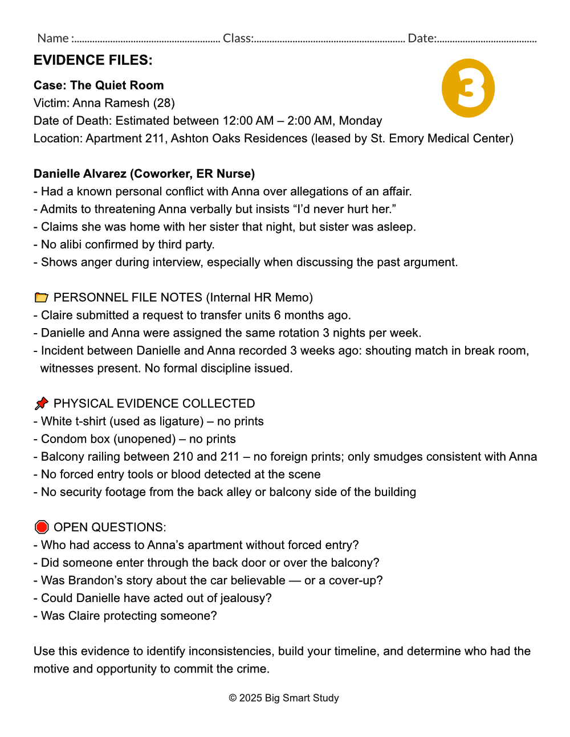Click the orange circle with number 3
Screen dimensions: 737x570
pos(468,88)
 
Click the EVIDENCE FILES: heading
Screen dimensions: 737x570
pos(93,60)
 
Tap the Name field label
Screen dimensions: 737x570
pos(53,38)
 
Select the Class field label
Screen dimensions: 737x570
pos(238,38)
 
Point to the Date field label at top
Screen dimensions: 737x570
pos(422,38)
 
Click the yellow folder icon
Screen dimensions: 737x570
pos(41,297)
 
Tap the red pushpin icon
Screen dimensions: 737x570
pos(41,403)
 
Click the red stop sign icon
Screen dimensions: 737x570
pos(41,527)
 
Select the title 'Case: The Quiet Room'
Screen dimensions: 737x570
pos(99,85)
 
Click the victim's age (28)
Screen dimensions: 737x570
pos(164,103)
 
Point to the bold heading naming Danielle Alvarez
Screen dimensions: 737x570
pos(144,174)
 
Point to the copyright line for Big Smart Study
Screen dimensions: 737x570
pos(284,698)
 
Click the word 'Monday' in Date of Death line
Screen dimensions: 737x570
pos(360,121)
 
